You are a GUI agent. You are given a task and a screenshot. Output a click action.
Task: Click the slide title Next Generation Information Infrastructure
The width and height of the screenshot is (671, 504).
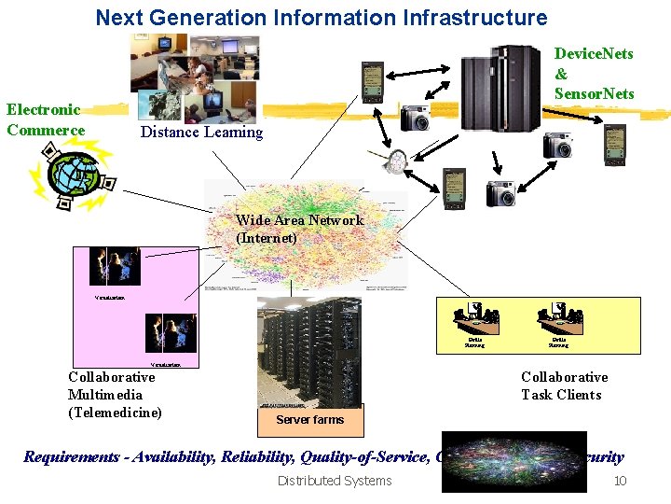tap(322, 17)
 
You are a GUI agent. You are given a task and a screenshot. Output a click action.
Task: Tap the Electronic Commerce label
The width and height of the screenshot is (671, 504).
tap(45, 120)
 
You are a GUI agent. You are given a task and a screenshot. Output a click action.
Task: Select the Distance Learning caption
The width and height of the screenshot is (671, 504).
tap(201, 132)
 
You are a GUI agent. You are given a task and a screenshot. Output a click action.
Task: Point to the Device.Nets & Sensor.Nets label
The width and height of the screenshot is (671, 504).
tap(594, 73)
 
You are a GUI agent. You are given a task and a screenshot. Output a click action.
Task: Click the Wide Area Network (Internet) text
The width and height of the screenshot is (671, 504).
tap(298, 229)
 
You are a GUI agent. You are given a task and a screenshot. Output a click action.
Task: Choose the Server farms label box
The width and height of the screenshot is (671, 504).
tap(309, 419)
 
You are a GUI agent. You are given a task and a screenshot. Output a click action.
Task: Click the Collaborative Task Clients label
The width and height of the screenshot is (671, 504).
tap(563, 385)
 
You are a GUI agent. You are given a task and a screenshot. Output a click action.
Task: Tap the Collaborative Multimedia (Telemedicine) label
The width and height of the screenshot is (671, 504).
tap(114, 395)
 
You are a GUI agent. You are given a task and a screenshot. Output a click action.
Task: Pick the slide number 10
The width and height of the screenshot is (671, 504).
tap(619, 481)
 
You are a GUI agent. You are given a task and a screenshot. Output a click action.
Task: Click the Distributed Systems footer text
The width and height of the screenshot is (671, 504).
tap(335, 481)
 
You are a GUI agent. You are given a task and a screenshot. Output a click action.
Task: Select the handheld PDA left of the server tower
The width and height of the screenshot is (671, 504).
tap(372, 82)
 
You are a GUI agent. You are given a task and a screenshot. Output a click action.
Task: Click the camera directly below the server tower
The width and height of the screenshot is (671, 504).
tap(557, 145)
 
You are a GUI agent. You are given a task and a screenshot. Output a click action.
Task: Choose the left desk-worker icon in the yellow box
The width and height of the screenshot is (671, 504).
tap(475, 320)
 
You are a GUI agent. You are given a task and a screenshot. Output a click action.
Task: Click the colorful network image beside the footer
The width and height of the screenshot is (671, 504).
tap(513, 460)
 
